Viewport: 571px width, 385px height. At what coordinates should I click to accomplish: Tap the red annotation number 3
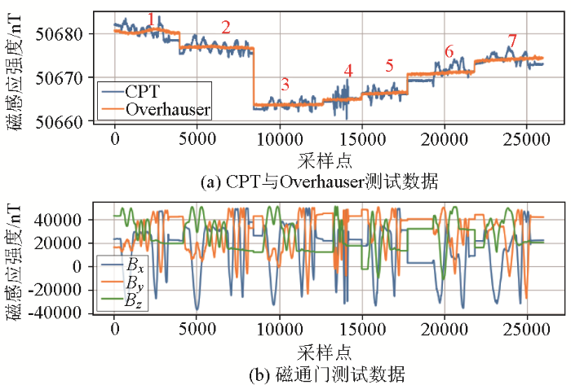[285, 83]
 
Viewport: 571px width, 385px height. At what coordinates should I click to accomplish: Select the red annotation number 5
[389, 65]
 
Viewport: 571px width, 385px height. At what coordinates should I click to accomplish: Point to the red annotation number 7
[512, 40]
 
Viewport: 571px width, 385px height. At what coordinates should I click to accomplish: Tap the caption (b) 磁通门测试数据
[318, 374]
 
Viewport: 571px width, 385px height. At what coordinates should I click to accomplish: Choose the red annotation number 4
[347, 71]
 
